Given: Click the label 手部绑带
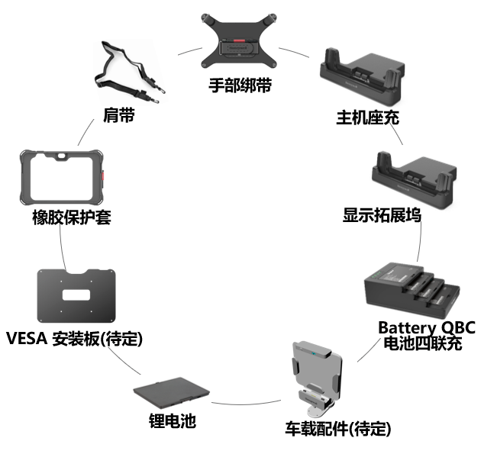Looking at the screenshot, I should point(240,85).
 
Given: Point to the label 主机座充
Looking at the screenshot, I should point(367,118).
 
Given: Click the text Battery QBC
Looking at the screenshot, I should point(427,327).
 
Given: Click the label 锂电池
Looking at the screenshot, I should point(172,420).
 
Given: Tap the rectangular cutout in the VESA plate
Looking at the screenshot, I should point(76,295).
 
